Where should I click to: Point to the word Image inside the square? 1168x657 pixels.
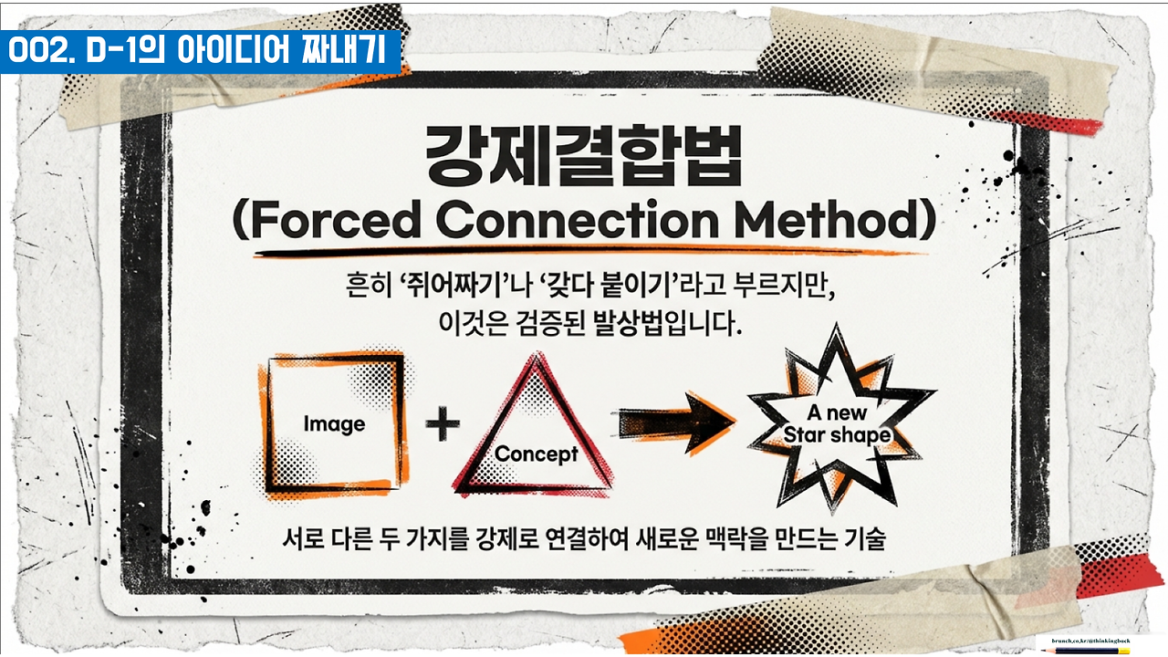pos(334,424)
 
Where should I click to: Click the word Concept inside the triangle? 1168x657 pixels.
pos(536,454)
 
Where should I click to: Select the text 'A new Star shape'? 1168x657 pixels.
pos(837,424)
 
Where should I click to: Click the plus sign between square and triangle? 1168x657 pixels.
pos(443,425)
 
